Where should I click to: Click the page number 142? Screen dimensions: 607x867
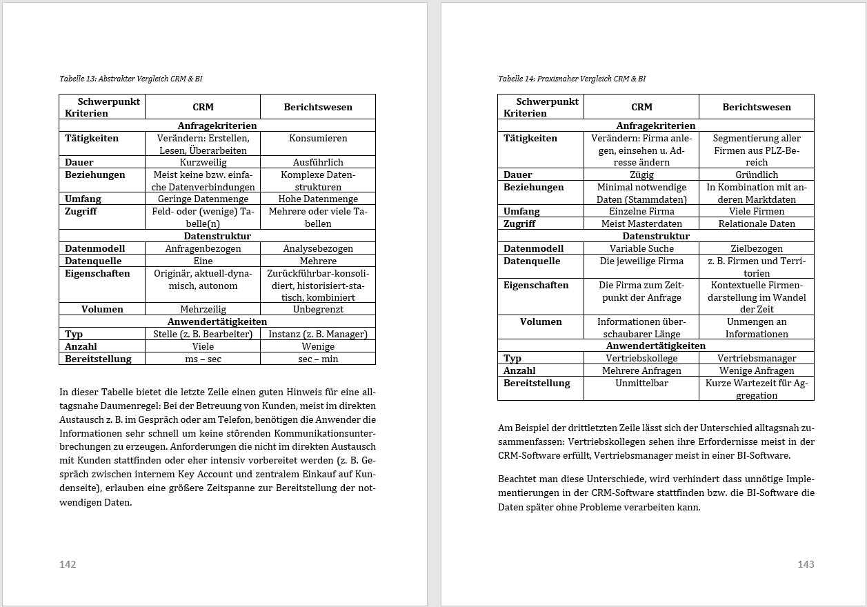pos(68,564)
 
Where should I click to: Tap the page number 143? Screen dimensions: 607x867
pos(806,564)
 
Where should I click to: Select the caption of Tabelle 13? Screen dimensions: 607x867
pos(131,79)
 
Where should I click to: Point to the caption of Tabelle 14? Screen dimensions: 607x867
pos(572,79)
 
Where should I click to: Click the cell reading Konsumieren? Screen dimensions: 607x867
pos(318,138)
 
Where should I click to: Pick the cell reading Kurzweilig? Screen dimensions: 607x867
pos(203,162)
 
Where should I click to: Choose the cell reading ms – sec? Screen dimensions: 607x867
pos(203,359)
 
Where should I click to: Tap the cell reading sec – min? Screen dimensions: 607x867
pos(318,359)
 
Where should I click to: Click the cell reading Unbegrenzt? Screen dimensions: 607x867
pos(318,309)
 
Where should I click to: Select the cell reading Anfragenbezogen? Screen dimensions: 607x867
pos(203,248)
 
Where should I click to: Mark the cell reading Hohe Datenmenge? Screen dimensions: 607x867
pos(318,199)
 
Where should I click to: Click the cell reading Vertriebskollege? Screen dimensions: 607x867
pos(641,358)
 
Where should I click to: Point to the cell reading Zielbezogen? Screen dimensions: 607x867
pos(757,248)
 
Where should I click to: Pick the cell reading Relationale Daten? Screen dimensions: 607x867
pos(757,223)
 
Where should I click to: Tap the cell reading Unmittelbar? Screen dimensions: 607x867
pos(641,383)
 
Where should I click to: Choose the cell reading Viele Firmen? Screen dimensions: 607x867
pos(757,211)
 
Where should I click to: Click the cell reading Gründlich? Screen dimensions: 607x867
pos(757,175)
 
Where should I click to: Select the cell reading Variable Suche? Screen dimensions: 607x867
pos(641,248)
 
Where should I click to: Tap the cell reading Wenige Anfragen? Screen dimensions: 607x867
pos(757,370)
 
